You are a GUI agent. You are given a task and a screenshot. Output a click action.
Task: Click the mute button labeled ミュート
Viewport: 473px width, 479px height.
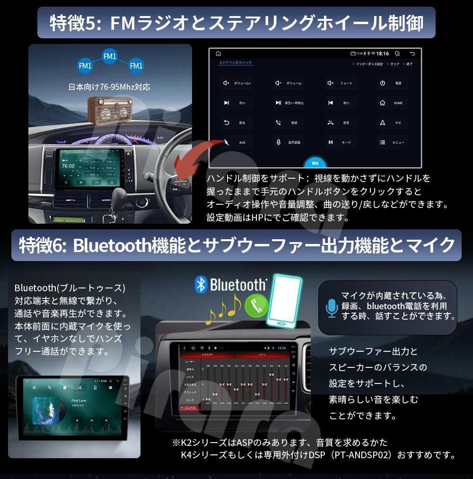point(340,83)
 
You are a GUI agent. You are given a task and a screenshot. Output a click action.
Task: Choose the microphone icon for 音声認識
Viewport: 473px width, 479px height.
point(279,142)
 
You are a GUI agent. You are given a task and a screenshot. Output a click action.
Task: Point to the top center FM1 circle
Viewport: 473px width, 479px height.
point(110,56)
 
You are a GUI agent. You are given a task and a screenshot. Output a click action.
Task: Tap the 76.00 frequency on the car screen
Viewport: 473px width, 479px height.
point(68,166)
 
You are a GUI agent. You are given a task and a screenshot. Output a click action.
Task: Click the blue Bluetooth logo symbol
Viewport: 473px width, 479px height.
point(201,285)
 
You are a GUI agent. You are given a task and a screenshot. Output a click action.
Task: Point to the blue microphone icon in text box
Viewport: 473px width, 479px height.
point(331,308)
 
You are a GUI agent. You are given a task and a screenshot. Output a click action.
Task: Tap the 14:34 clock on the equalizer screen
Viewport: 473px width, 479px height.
point(281,348)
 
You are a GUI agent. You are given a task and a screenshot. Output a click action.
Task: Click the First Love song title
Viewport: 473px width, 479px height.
point(79,401)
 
